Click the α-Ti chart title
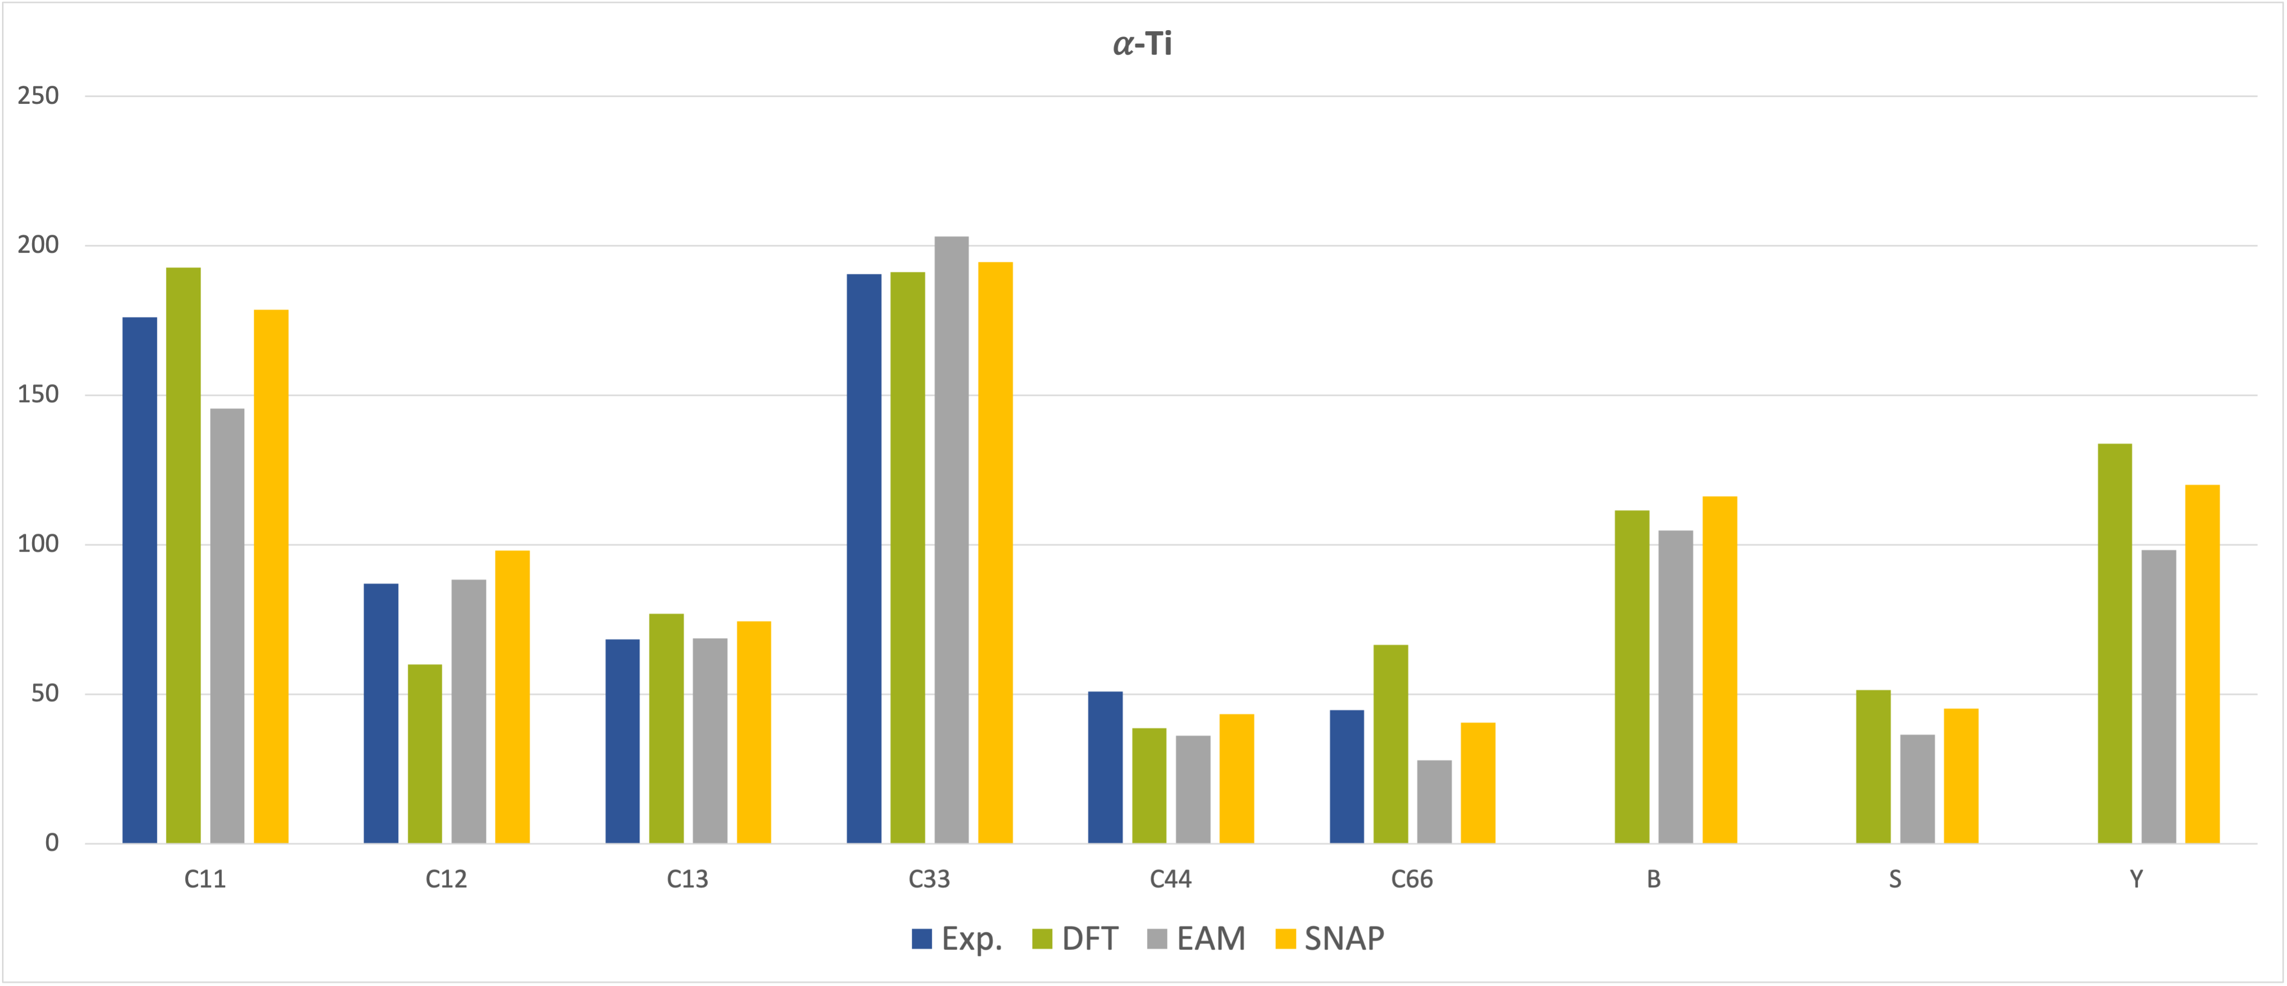[x=1142, y=44]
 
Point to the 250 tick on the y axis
[x=38, y=96]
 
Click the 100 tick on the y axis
[x=38, y=544]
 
